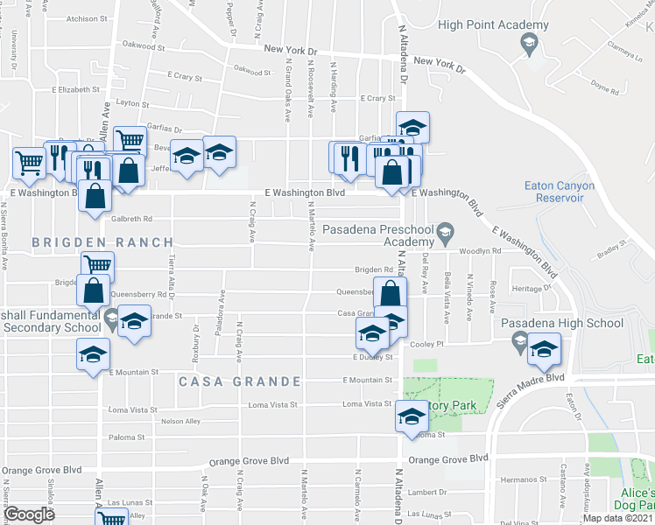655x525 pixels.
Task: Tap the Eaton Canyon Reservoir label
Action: click(559, 192)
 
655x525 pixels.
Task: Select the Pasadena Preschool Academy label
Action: click(377, 236)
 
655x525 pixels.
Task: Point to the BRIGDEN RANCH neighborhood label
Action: click(85, 241)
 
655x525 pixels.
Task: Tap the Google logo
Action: click(29, 514)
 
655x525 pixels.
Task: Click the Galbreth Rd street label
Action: click(132, 219)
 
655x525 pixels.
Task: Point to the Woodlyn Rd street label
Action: click(482, 250)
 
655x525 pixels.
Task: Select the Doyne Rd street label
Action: click(605, 86)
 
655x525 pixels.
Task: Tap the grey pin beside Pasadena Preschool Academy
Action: click(447, 231)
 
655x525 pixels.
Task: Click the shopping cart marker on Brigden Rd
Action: click(97, 265)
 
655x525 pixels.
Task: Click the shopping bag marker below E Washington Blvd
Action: click(94, 196)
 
